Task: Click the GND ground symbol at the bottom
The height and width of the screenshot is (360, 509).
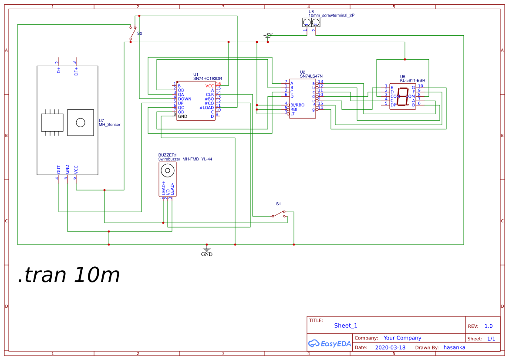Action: point(207,251)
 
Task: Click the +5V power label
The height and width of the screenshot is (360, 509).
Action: point(268,35)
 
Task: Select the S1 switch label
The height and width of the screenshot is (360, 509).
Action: point(279,204)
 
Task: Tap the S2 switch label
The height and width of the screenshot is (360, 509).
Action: point(139,33)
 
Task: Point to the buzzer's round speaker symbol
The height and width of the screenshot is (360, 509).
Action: point(165,170)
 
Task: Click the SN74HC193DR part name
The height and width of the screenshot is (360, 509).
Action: point(208,78)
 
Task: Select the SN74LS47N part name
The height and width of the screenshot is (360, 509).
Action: point(311,76)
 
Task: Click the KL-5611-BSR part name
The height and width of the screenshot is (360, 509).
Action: point(412,81)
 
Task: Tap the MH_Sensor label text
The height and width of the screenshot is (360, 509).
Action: point(109,125)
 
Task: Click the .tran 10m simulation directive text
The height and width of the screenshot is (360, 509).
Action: point(69,275)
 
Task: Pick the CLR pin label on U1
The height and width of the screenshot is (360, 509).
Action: point(210,95)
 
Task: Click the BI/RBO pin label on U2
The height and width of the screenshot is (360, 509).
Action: point(297,105)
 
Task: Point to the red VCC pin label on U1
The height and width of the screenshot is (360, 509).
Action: point(210,86)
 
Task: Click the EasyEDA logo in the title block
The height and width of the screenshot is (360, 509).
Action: point(330,343)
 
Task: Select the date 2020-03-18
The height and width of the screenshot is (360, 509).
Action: point(390,348)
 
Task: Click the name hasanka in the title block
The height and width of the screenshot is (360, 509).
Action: point(454,348)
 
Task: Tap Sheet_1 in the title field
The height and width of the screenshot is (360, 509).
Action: point(346,326)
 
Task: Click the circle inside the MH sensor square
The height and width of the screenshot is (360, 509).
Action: point(81,122)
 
